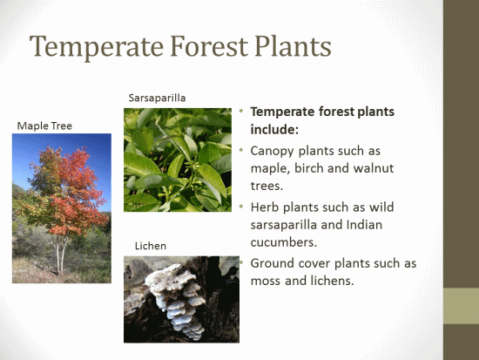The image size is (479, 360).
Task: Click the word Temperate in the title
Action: (x=97, y=46)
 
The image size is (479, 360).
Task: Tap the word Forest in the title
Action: (x=209, y=46)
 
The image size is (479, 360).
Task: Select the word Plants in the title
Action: (x=293, y=46)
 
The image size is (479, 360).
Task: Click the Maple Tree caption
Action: (x=44, y=126)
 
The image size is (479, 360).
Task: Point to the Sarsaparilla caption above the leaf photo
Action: (x=157, y=98)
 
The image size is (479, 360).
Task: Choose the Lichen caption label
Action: (x=151, y=246)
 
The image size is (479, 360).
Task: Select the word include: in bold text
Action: (x=274, y=129)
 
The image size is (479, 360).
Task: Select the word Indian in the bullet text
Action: (x=364, y=225)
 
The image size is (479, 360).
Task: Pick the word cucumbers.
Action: (x=284, y=242)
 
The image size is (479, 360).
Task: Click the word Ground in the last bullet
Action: (x=272, y=263)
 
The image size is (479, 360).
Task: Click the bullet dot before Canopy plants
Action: (x=241, y=150)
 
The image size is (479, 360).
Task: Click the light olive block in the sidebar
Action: (x=461, y=306)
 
